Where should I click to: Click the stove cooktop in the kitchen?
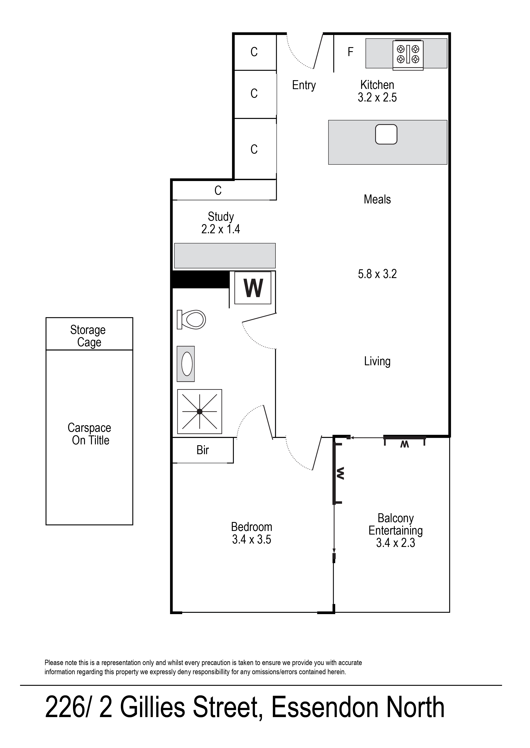(x=408, y=54)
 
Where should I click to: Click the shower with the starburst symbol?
(x=199, y=412)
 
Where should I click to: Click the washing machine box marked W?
(x=253, y=288)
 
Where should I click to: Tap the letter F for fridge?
(x=351, y=52)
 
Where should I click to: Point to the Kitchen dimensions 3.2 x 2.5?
(x=377, y=97)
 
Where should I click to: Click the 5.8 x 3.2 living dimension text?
(x=377, y=274)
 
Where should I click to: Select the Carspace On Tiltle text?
(x=89, y=434)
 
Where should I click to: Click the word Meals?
(x=377, y=199)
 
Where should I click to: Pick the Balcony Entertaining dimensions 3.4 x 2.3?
(x=396, y=543)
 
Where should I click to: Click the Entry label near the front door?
(x=304, y=85)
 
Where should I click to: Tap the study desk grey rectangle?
(x=225, y=256)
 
